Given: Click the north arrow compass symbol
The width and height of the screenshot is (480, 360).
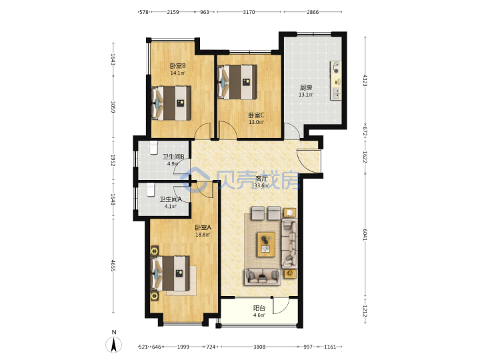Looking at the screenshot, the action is [x=113, y=344].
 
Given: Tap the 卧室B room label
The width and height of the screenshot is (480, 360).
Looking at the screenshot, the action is [x=177, y=66].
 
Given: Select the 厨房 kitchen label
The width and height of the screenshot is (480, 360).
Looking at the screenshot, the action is [x=306, y=87].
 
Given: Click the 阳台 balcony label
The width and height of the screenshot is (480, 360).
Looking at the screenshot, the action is [x=259, y=308].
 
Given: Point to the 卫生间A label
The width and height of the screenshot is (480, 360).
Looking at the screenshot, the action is [x=171, y=199].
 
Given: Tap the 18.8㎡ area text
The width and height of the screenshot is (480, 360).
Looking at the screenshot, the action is [x=203, y=235].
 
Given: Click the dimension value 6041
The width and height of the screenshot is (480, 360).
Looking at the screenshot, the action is [x=365, y=235].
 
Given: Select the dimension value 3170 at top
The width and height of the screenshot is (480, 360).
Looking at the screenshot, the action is [x=249, y=12].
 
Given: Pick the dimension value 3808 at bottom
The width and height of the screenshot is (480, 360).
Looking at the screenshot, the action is [x=259, y=347].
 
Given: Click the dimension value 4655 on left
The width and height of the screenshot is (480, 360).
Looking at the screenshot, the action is [x=113, y=266].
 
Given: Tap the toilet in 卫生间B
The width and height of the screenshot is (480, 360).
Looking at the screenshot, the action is [x=153, y=147].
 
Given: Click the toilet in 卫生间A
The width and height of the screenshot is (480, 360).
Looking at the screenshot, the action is [x=150, y=189].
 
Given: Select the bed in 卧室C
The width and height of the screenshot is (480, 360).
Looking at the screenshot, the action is [x=237, y=82].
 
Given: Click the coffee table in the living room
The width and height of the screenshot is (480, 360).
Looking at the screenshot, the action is [x=266, y=244].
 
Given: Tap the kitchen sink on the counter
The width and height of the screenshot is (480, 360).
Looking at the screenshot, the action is [x=336, y=93].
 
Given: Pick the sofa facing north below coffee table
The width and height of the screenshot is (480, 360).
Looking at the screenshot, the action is [x=263, y=277].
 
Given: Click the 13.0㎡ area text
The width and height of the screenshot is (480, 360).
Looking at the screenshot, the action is [x=256, y=122].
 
